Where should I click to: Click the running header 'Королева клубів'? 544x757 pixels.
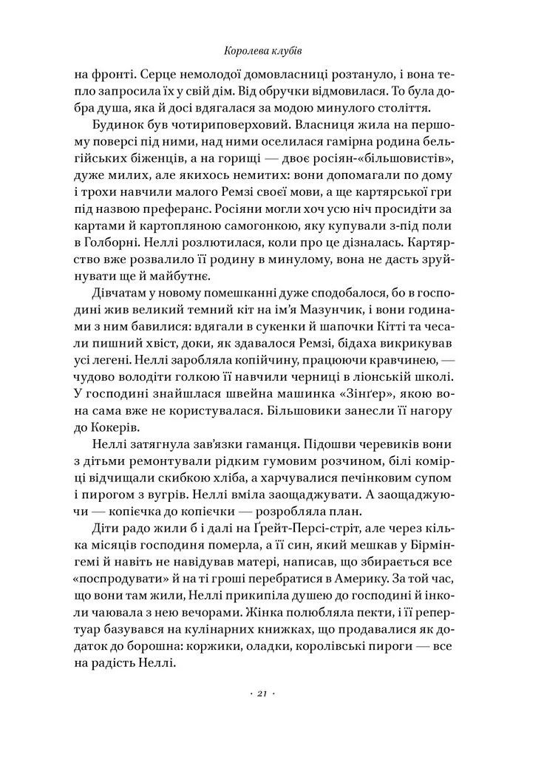point(271,52)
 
